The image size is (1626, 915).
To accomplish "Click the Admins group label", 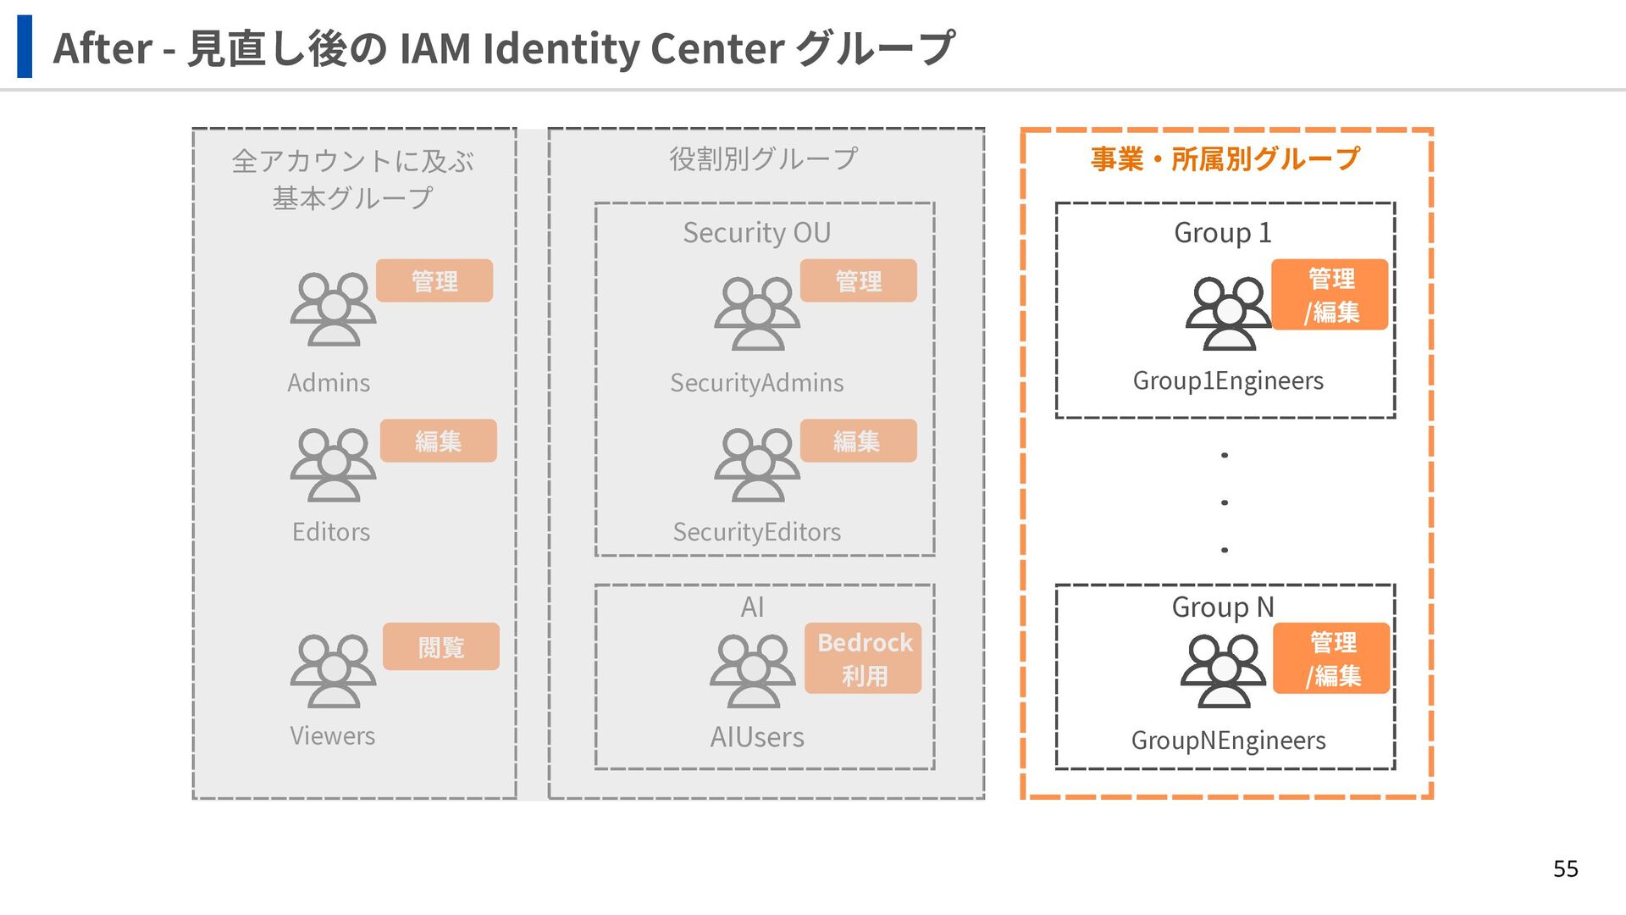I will pyautogui.click(x=329, y=383).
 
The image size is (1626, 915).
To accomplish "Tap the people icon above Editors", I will pyautogui.click(x=333, y=464).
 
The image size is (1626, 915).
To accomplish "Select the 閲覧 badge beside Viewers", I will pyautogui.click(x=440, y=647).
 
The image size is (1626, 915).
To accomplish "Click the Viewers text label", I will pyautogui.click(x=332, y=735).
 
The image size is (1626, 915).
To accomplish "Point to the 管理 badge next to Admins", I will pyautogui.click(x=434, y=280).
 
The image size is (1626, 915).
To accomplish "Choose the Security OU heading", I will pyautogui.click(x=756, y=232).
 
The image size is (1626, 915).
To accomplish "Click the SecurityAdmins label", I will pyautogui.click(x=756, y=383).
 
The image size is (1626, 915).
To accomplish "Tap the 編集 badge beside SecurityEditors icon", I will pyautogui.click(x=858, y=441).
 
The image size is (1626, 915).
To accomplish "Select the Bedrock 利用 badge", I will pyautogui.click(x=863, y=658).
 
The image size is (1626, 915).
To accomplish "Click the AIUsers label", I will pyautogui.click(x=756, y=737).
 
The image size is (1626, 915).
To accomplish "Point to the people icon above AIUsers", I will pyautogui.click(x=752, y=671).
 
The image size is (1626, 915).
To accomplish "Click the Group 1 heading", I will pyautogui.click(x=1222, y=232).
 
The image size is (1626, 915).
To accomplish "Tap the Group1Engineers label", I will pyautogui.click(x=1227, y=381).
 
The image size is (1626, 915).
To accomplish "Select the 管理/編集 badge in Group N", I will pyautogui.click(x=1331, y=658).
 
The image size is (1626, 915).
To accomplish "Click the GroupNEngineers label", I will pyautogui.click(x=1228, y=740).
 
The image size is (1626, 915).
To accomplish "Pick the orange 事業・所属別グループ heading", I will pyautogui.click(x=1225, y=158).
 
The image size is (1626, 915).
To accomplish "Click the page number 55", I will pyautogui.click(x=1565, y=868).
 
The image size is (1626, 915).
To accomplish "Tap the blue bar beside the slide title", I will pyautogui.click(x=25, y=47).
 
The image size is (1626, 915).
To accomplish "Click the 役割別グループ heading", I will pyautogui.click(x=763, y=158).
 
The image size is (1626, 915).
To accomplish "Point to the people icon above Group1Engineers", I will pyautogui.click(x=1228, y=313).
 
